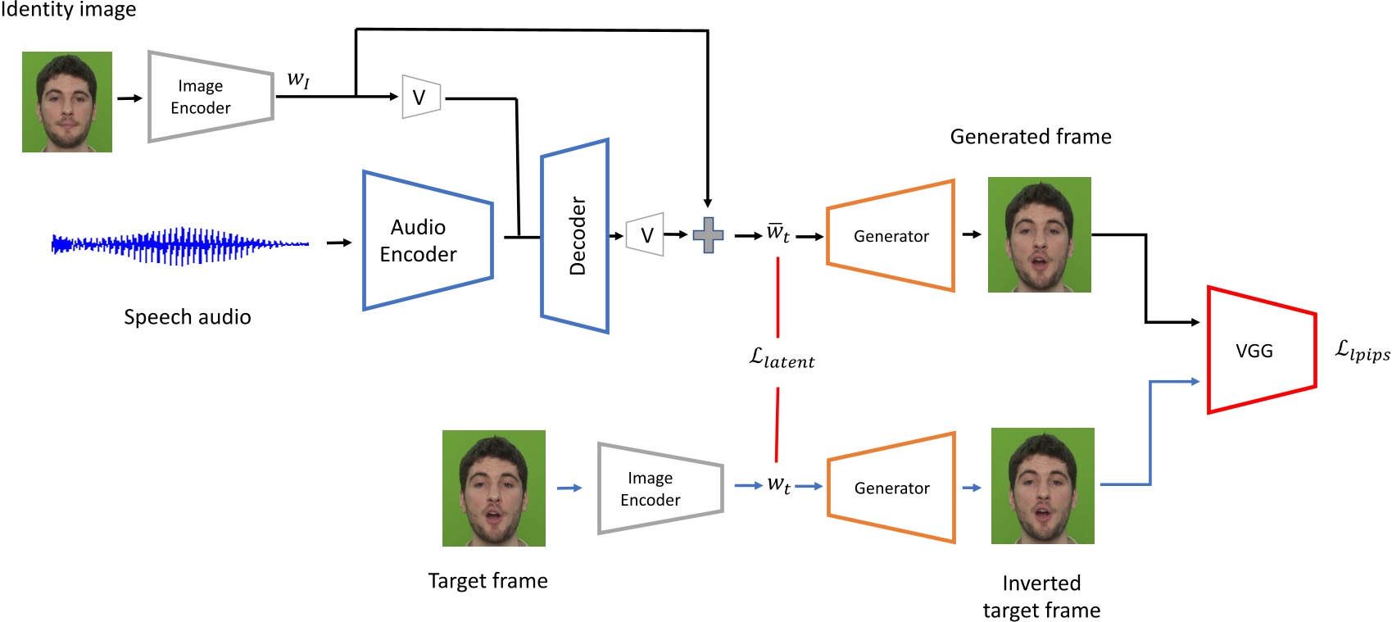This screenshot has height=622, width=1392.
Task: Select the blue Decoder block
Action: [x=575, y=236]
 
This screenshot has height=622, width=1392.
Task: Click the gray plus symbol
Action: [x=708, y=235]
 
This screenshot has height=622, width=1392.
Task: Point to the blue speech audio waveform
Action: [x=180, y=244]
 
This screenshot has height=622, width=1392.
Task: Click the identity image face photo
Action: [x=67, y=102]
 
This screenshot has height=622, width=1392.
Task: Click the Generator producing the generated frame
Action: [x=891, y=236]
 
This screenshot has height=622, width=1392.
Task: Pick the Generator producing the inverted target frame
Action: [x=891, y=488]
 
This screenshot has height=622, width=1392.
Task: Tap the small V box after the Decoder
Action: [x=645, y=235]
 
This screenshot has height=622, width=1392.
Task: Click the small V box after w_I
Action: [x=421, y=97]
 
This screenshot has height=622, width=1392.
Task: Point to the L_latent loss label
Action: [x=782, y=359]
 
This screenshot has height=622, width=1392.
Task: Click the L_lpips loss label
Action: [x=1362, y=351]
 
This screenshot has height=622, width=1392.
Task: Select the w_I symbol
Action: [x=298, y=79]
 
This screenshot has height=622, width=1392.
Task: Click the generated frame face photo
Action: [x=1039, y=234]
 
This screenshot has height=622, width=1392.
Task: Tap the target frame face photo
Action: [x=493, y=488]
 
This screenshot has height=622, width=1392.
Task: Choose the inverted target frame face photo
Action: [x=1042, y=485]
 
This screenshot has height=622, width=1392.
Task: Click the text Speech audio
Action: [x=187, y=317]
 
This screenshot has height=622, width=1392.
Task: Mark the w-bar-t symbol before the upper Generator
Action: [x=778, y=233]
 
